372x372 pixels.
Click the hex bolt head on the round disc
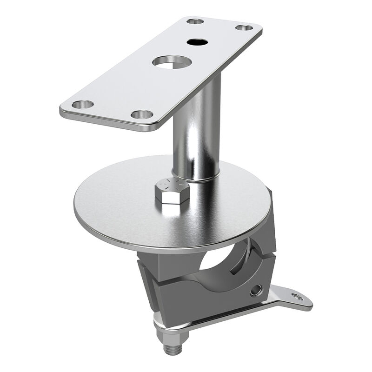172,190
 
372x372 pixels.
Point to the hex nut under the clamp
173,336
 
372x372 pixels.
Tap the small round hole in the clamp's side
255,291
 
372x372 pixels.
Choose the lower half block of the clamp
195,302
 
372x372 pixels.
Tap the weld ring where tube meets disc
198,179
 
